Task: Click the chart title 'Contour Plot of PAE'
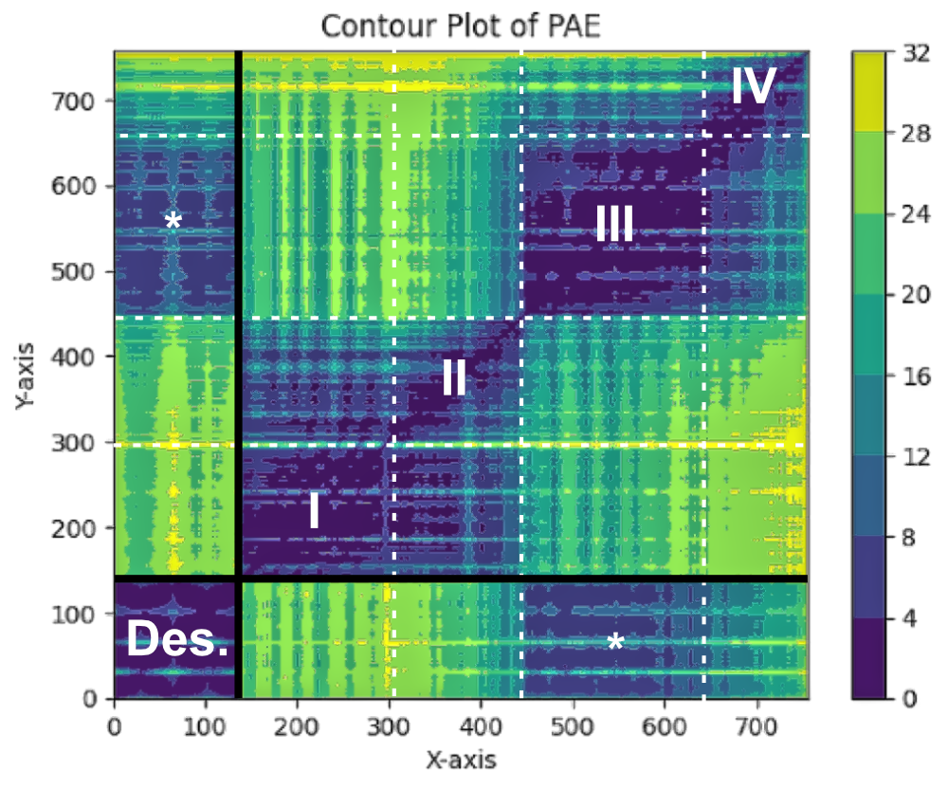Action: coord(461,26)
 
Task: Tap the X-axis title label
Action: coord(460,760)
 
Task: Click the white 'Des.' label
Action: coord(177,641)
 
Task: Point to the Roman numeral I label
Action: coord(314,511)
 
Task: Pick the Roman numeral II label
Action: coord(453,379)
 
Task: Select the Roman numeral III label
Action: coord(614,225)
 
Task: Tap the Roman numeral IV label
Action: coord(754,87)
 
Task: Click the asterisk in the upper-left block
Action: coord(173,222)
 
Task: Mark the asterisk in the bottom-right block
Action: coord(615,643)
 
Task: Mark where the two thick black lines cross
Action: coord(237,579)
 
